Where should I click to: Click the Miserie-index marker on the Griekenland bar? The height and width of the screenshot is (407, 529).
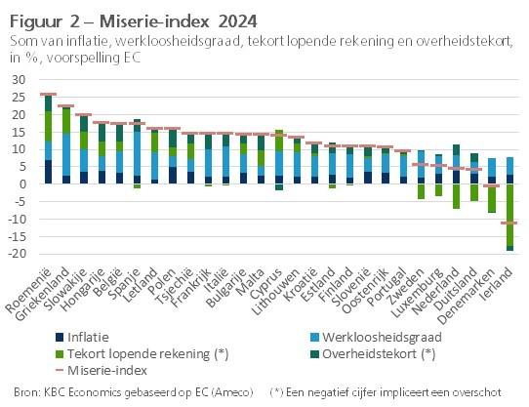(66, 106)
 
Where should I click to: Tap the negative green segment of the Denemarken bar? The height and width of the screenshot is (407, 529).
(491, 198)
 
